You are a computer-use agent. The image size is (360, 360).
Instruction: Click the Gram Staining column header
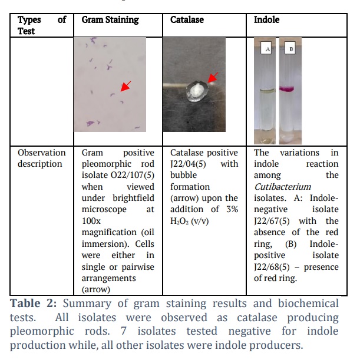point(110,20)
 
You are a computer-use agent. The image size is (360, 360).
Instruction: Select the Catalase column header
point(187,20)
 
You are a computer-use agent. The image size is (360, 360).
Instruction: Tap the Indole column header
point(266,20)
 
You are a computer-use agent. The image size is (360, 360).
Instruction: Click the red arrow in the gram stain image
point(126,86)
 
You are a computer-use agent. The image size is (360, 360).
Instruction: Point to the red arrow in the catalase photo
point(213,78)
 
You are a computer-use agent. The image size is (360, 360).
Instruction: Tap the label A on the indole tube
point(266,48)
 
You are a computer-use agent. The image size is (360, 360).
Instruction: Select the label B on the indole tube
point(290,48)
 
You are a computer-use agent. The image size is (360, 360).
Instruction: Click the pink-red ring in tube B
point(287,88)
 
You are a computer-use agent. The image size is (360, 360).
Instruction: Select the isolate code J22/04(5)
point(188,164)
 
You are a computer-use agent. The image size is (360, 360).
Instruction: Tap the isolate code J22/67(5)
point(272,221)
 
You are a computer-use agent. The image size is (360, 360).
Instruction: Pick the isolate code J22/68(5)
point(272,267)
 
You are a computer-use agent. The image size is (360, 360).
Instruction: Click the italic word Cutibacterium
point(283,187)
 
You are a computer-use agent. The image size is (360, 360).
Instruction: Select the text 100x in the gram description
point(91,221)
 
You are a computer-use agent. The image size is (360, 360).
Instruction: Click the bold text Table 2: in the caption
point(34,303)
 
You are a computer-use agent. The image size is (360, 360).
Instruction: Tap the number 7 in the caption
point(124,331)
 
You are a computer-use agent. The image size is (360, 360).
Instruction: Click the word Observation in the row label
point(42,153)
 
